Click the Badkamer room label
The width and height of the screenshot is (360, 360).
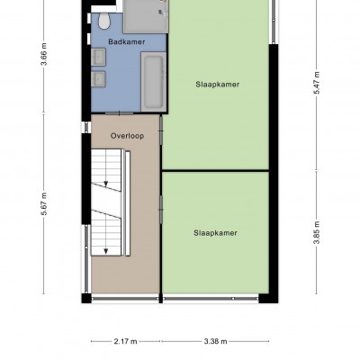pos(127,42)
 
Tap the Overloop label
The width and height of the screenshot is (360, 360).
pos(127,136)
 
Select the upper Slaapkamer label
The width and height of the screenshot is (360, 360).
pos(218,85)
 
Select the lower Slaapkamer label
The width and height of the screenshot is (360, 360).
pos(215,233)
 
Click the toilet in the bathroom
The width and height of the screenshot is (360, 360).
pos(104,21)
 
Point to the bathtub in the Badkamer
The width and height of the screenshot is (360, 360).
pos(154,82)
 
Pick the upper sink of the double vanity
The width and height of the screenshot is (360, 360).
pos(98,57)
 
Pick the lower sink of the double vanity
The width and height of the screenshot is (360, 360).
pos(98,79)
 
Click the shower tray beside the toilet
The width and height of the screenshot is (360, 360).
pos(146,16)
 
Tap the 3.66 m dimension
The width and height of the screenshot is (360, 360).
pos(44,54)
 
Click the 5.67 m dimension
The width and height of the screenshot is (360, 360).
pos(44,203)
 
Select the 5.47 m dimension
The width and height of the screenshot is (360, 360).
pos(317,83)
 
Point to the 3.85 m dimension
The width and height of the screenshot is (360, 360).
pos(317,232)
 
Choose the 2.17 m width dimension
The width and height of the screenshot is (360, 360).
pos(125,341)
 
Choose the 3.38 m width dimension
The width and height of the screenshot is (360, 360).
pos(215,341)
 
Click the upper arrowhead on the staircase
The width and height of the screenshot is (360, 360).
pos(106,184)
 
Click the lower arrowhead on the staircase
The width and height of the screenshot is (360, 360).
pos(106,251)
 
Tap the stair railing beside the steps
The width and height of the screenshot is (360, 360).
pos(128,203)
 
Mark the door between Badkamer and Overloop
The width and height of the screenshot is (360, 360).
pos(120,113)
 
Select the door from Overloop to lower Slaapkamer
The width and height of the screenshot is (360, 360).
pos(161,210)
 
